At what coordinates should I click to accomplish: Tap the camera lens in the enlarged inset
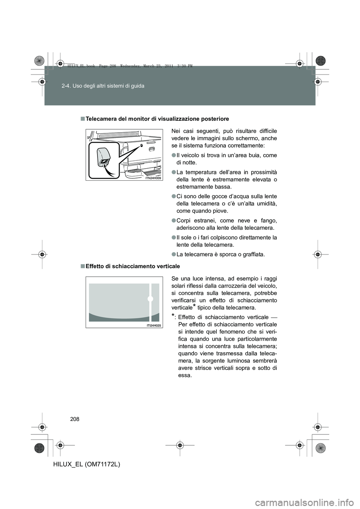click(103, 162)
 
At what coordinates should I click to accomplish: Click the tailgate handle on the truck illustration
click(151, 149)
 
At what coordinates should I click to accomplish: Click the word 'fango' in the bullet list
click(270, 220)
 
